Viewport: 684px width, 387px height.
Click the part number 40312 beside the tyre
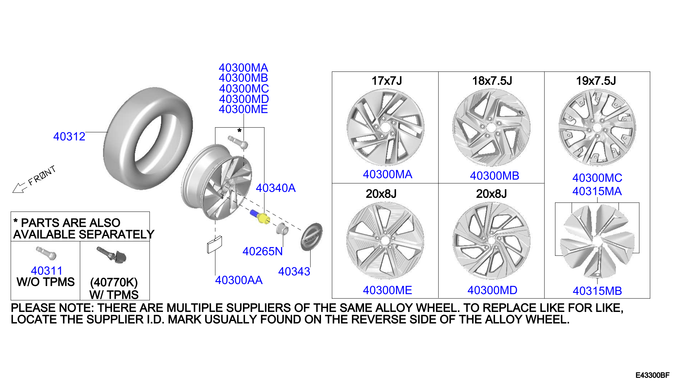[x=69, y=137]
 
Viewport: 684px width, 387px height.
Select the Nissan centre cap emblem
[x=311, y=237]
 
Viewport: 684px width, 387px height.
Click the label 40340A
[x=276, y=188]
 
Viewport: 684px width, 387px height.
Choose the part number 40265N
[x=262, y=251]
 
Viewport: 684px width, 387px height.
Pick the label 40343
[x=294, y=272]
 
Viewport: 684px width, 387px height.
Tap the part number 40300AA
[x=239, y=280]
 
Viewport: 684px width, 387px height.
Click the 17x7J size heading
[x=387, y=81]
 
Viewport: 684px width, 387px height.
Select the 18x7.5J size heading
[x=492, y=81]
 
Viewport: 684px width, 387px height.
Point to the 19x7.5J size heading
[x=596, y=81]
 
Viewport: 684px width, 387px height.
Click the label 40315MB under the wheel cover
[x=597, y=291]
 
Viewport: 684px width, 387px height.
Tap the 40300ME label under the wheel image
[x=388, y=290]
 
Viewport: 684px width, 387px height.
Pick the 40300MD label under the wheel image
[x=492, y=290]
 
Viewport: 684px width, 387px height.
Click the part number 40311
[x=46, y=271]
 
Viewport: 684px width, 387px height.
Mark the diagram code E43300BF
[x=652, y=375]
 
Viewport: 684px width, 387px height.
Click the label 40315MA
[x=597, y=191]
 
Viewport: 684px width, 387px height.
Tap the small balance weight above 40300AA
[x=214, y=245]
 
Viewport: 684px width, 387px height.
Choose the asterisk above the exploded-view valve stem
[x=239, y=130]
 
